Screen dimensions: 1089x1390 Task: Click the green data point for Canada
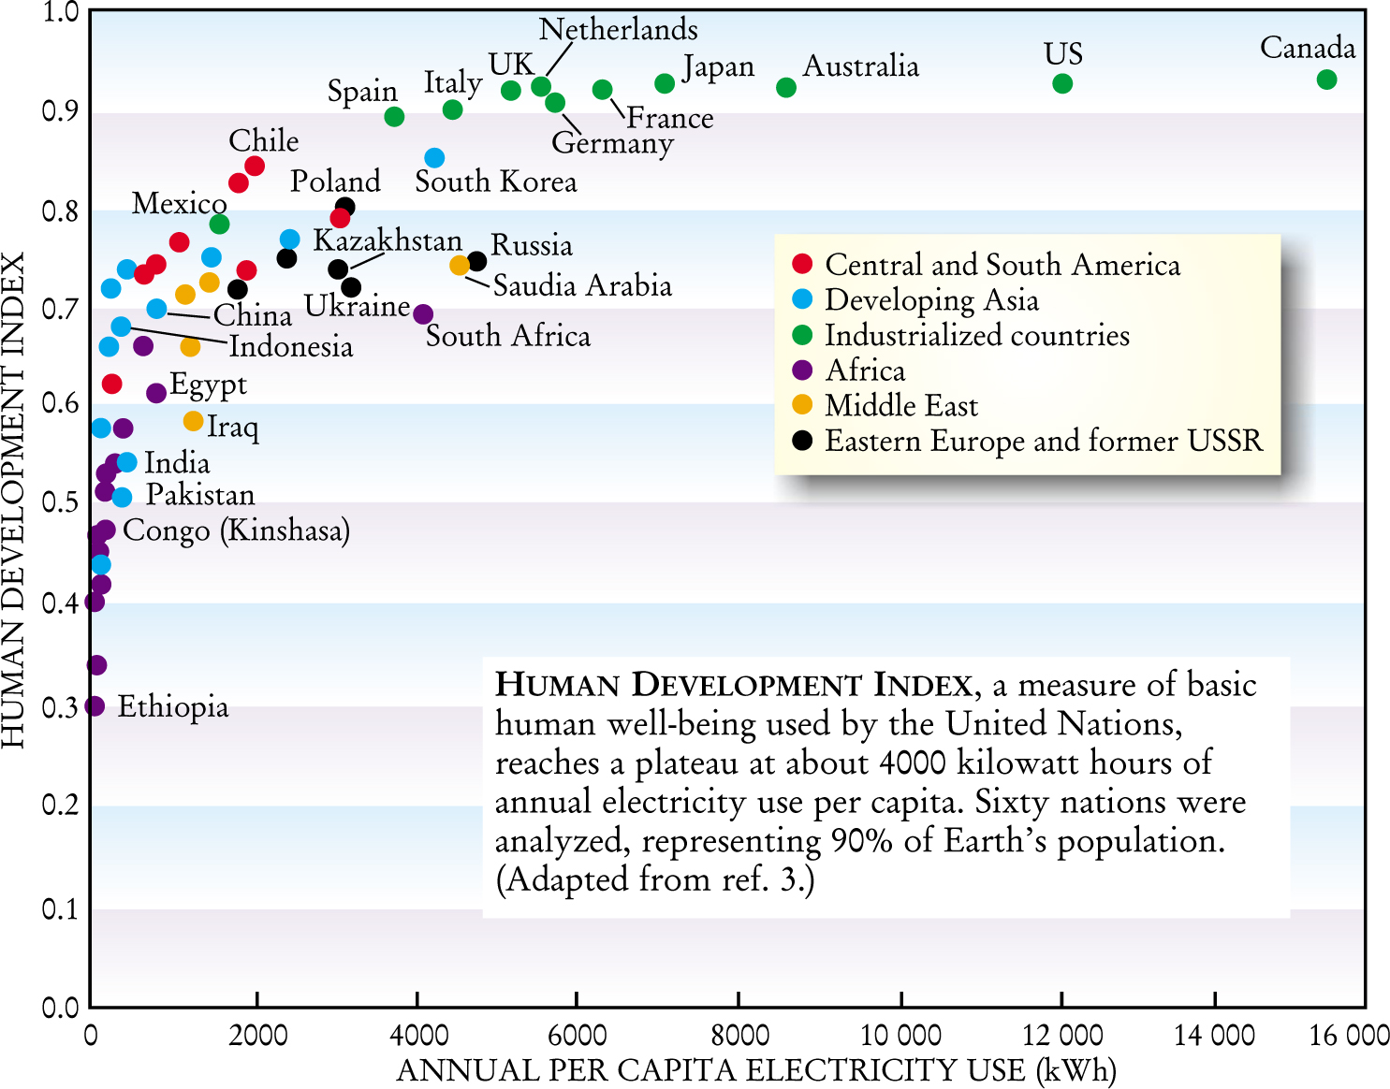pyautogui.click(x=1325, y=80)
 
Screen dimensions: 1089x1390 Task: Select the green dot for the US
pyautogui.click(x=1061, y=83)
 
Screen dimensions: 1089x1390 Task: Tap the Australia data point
pyautogui.click(x=785, y=87)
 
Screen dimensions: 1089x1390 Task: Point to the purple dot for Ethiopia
pyautogui.click(x=95, y=705)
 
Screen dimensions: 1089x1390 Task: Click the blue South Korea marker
pyautogui.click(x=433, y=158)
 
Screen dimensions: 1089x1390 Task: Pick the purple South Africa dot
pyautogui.click(x=423, y=314)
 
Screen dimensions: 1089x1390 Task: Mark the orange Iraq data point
pyautogui.click(x=193, y=421)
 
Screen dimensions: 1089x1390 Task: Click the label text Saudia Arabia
pyautogui.click(x=582, y=285)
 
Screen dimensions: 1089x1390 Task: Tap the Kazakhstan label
pyautogui.click(x=388, y=240)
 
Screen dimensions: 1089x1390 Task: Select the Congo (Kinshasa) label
pyautogui.click(x=236, y=530)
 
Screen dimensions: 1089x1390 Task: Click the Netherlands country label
pyautogui.click(x=618, y=30)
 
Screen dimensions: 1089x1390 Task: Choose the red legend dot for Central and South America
pyautogui.click(x=802, y=263)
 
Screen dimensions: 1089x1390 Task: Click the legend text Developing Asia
pyautogui.click(x=931, y=299)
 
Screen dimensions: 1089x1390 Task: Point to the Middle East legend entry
pyautogui.click(x=900, y=405)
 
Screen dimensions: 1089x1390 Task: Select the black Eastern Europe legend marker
pyautogui.click(x=802, y=440)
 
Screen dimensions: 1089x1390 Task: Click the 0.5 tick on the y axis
pyautogui.click(x=60, y=502)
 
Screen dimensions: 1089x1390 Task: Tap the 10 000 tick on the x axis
pyautogui.click(x=900, y=1035)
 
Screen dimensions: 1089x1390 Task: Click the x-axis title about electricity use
pyautogui.click(x=756, y=1069)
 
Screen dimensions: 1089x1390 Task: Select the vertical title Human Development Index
pyautogui.click(x=13, y=501)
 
